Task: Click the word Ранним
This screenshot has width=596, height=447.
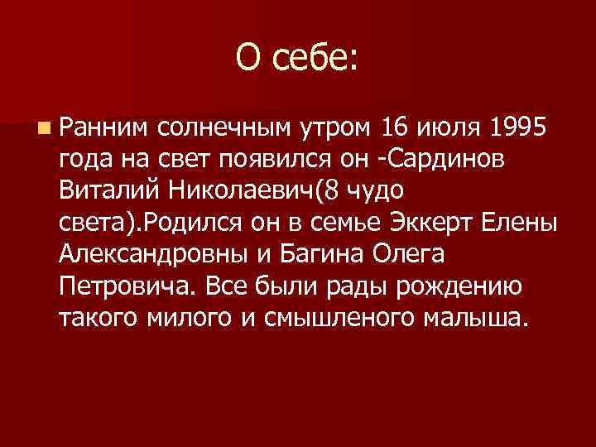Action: click(103, 128)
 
